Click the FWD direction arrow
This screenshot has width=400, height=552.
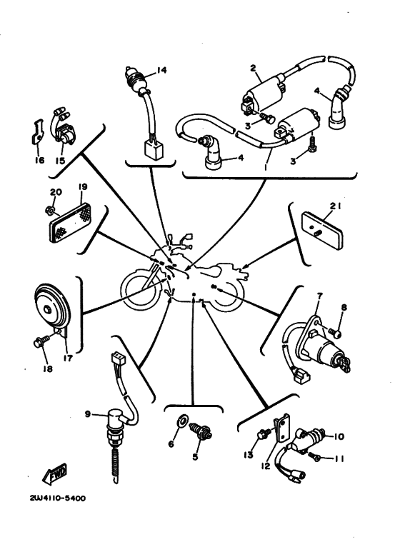54,474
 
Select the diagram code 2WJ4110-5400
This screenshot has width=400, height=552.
57,498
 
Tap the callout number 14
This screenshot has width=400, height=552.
161,70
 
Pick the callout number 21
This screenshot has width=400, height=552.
336,206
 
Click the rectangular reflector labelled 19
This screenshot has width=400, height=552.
70,224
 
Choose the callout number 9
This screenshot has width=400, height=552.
88,414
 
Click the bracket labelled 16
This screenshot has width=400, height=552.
38,134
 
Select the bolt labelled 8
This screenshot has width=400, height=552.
334,332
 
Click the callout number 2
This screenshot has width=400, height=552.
253,68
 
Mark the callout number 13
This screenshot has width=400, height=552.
249,455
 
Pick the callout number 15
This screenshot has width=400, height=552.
60,161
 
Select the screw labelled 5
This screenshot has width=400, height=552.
200,432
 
